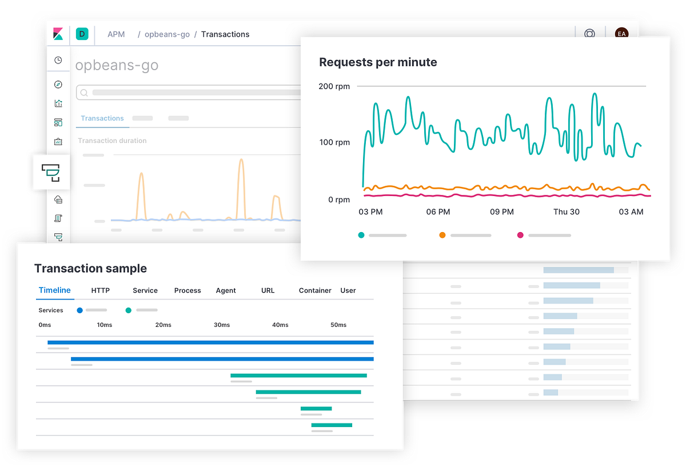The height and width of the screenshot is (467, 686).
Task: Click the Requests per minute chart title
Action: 378,62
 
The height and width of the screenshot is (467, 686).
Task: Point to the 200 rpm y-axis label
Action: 334,86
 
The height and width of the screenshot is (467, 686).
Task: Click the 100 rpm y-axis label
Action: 334,142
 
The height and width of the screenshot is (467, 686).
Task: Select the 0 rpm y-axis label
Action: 338,199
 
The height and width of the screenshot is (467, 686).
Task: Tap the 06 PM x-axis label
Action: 438,211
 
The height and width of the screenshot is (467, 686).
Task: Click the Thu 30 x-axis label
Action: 566,211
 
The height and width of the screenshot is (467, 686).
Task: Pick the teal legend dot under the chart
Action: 361,235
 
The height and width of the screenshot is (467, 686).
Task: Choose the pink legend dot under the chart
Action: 520,235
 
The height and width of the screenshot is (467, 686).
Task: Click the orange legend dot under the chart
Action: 442,235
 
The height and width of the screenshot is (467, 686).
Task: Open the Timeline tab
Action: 55,290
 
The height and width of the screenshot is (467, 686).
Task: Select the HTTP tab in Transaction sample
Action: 101,290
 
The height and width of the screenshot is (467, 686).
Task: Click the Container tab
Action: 315,290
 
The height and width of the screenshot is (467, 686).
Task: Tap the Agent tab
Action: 226,290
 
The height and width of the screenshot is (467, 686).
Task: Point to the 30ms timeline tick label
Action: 222,325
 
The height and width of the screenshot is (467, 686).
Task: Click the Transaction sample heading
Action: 90,269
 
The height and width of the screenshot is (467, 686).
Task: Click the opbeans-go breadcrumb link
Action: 167,34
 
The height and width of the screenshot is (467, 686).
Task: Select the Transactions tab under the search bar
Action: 102,118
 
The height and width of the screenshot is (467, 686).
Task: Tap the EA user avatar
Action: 621,34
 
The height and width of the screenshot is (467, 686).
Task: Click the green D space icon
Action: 82,34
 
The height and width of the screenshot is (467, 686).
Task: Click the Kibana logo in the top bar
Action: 58,34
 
